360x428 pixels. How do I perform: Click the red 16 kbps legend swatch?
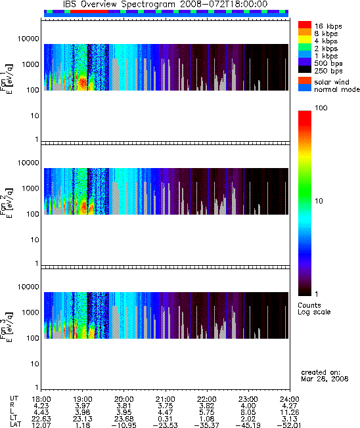pyautogui.click(x=305, y=25)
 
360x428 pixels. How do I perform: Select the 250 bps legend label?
pyautogui.click(x=328, y=71)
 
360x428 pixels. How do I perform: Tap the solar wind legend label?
pyautogui.click(x=332, y=82)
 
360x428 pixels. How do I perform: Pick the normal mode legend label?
pyautogui.click(x=337, y=89)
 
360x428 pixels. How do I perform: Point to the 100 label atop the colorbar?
pyautogui.click(x=321, y=108)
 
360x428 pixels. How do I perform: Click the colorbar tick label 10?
pyautogui.click(x=319, y=201)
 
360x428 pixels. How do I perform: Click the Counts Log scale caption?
pyautogui.click(x=314, y=309)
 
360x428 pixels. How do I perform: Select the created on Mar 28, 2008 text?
pyautogui.click(x=325, y=375)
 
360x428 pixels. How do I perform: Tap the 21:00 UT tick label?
pyautogui.click(x=166, y=399)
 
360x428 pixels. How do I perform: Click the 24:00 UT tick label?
pyautogui.click(x=290, y=399)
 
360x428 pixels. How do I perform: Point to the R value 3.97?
pyautogui.click(x=83, y=406)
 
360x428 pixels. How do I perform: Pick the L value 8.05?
pyautogui.click(x=248, y=412)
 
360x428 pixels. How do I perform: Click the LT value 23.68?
pyautogui.click(x=124, y=419)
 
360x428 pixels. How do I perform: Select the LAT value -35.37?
pyautogui.click(x=206, y=425)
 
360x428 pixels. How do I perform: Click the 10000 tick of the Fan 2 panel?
pyautogui.click(x=28, y=163)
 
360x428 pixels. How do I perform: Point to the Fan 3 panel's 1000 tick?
pyautogui.click(x=31, y=312)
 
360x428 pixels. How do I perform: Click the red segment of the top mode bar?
pyautogui.click(x=89, y=11)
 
